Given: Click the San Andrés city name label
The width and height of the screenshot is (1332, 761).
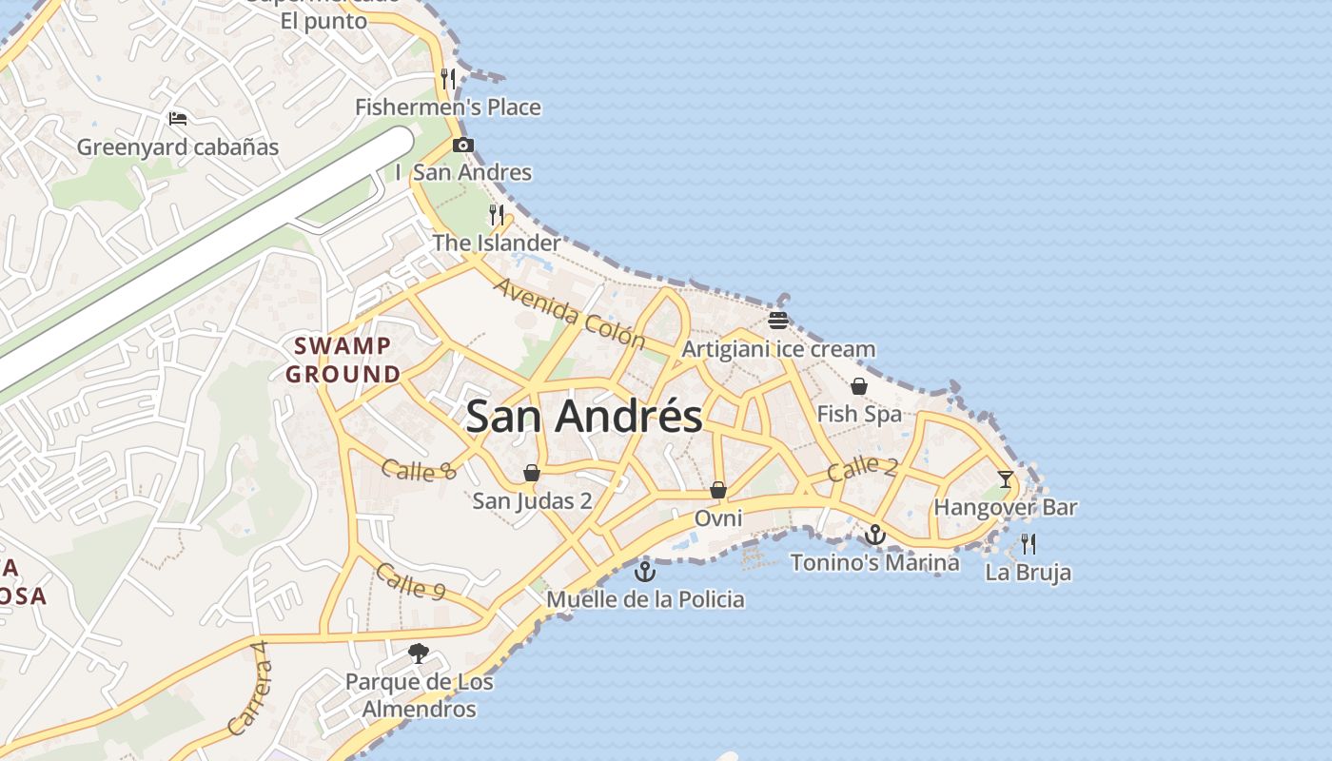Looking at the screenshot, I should click(x=584, y=417).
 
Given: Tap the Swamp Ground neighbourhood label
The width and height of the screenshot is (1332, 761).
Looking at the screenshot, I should click(x=343, y=360).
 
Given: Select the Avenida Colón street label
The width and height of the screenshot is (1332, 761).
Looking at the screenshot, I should click(x=569, y=313).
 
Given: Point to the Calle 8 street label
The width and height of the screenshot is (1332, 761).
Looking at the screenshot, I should click(x=419, y=469).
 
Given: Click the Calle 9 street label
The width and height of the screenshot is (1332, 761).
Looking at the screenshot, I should click(x=410, y=581).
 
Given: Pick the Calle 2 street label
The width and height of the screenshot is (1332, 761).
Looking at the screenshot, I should click(x=862, y=468).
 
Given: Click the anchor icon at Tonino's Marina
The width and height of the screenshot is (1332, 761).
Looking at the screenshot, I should click(x=875, y=535).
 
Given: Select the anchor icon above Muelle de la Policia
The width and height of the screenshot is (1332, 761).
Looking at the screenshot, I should click(x=645, y=572).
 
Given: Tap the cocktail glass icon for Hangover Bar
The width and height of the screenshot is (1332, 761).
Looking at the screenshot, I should click(x=1006, y=478).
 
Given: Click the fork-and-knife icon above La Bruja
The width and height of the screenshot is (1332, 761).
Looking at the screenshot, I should click(x=1028, y=544).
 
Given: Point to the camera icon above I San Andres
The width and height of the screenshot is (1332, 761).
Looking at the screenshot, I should click(x=463, y=146).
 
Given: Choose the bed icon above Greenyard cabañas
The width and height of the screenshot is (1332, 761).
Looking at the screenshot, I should click(x=178, y=119).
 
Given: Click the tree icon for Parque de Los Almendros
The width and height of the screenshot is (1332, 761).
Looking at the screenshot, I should click(x=419, y=654).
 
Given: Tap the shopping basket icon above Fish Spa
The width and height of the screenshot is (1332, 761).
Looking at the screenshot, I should click(x=858, y=386).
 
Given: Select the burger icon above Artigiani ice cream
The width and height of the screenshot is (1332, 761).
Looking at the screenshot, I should click(x=778, y=320).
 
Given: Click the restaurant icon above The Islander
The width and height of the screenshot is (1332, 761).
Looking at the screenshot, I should click(x=496, y=214).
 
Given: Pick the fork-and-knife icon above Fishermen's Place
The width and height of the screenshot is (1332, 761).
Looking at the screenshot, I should click(x=448, y=78).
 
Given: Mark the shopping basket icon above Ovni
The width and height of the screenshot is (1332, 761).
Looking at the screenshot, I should click(x=718, y=490).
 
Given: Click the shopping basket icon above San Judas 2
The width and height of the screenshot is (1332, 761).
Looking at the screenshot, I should click(x=532, y=473).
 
